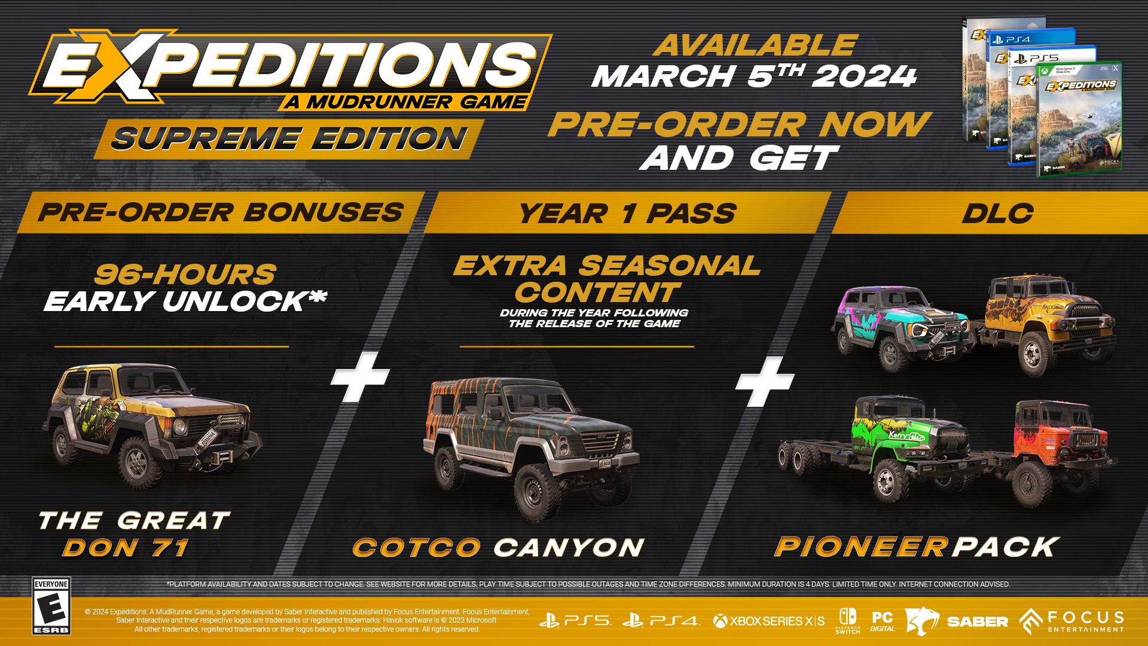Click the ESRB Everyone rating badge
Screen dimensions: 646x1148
pos(51,606)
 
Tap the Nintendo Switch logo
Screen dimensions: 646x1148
pos(847,621)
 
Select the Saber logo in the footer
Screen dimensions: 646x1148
pos(956,621)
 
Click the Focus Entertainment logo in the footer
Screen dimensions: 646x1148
pos(1071,621)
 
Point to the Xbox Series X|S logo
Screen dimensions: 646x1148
pos(769,621)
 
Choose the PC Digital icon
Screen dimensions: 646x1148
pos(883,621)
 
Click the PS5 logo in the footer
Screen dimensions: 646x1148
pos(575,621)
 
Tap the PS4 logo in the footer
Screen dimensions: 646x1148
pos(660,621)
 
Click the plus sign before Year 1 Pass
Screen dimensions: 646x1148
pos(360,377)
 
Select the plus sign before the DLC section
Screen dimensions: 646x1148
pos(765,382)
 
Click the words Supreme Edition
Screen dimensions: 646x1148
pos(289,139)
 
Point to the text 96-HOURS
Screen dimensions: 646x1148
pos(185,275)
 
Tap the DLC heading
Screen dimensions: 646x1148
pos(997,214)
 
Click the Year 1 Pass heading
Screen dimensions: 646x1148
pos(627,214)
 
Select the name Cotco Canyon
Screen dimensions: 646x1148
pos(498,547)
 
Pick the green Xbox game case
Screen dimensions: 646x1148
pos(1080,120)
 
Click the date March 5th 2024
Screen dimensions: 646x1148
pos(754,76)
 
